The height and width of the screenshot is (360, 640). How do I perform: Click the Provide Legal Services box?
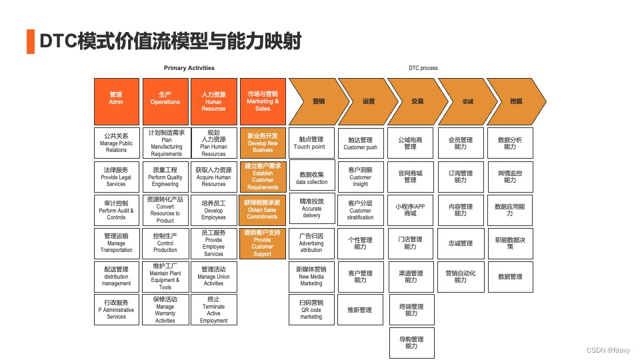(116, 177)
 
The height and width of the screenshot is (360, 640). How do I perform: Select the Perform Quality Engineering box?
(165, 177)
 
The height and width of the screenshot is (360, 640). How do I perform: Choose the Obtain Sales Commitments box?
(263, 210)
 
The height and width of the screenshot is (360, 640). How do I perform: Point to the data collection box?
(311, 177)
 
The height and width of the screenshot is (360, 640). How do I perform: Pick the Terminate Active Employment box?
(213, 310)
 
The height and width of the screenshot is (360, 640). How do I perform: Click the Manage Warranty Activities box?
(165, 310)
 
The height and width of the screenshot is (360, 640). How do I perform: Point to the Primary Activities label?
(189, 68)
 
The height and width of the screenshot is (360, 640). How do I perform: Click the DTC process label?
(423, 68)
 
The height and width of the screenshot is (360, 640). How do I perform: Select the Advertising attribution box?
(311, 243)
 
